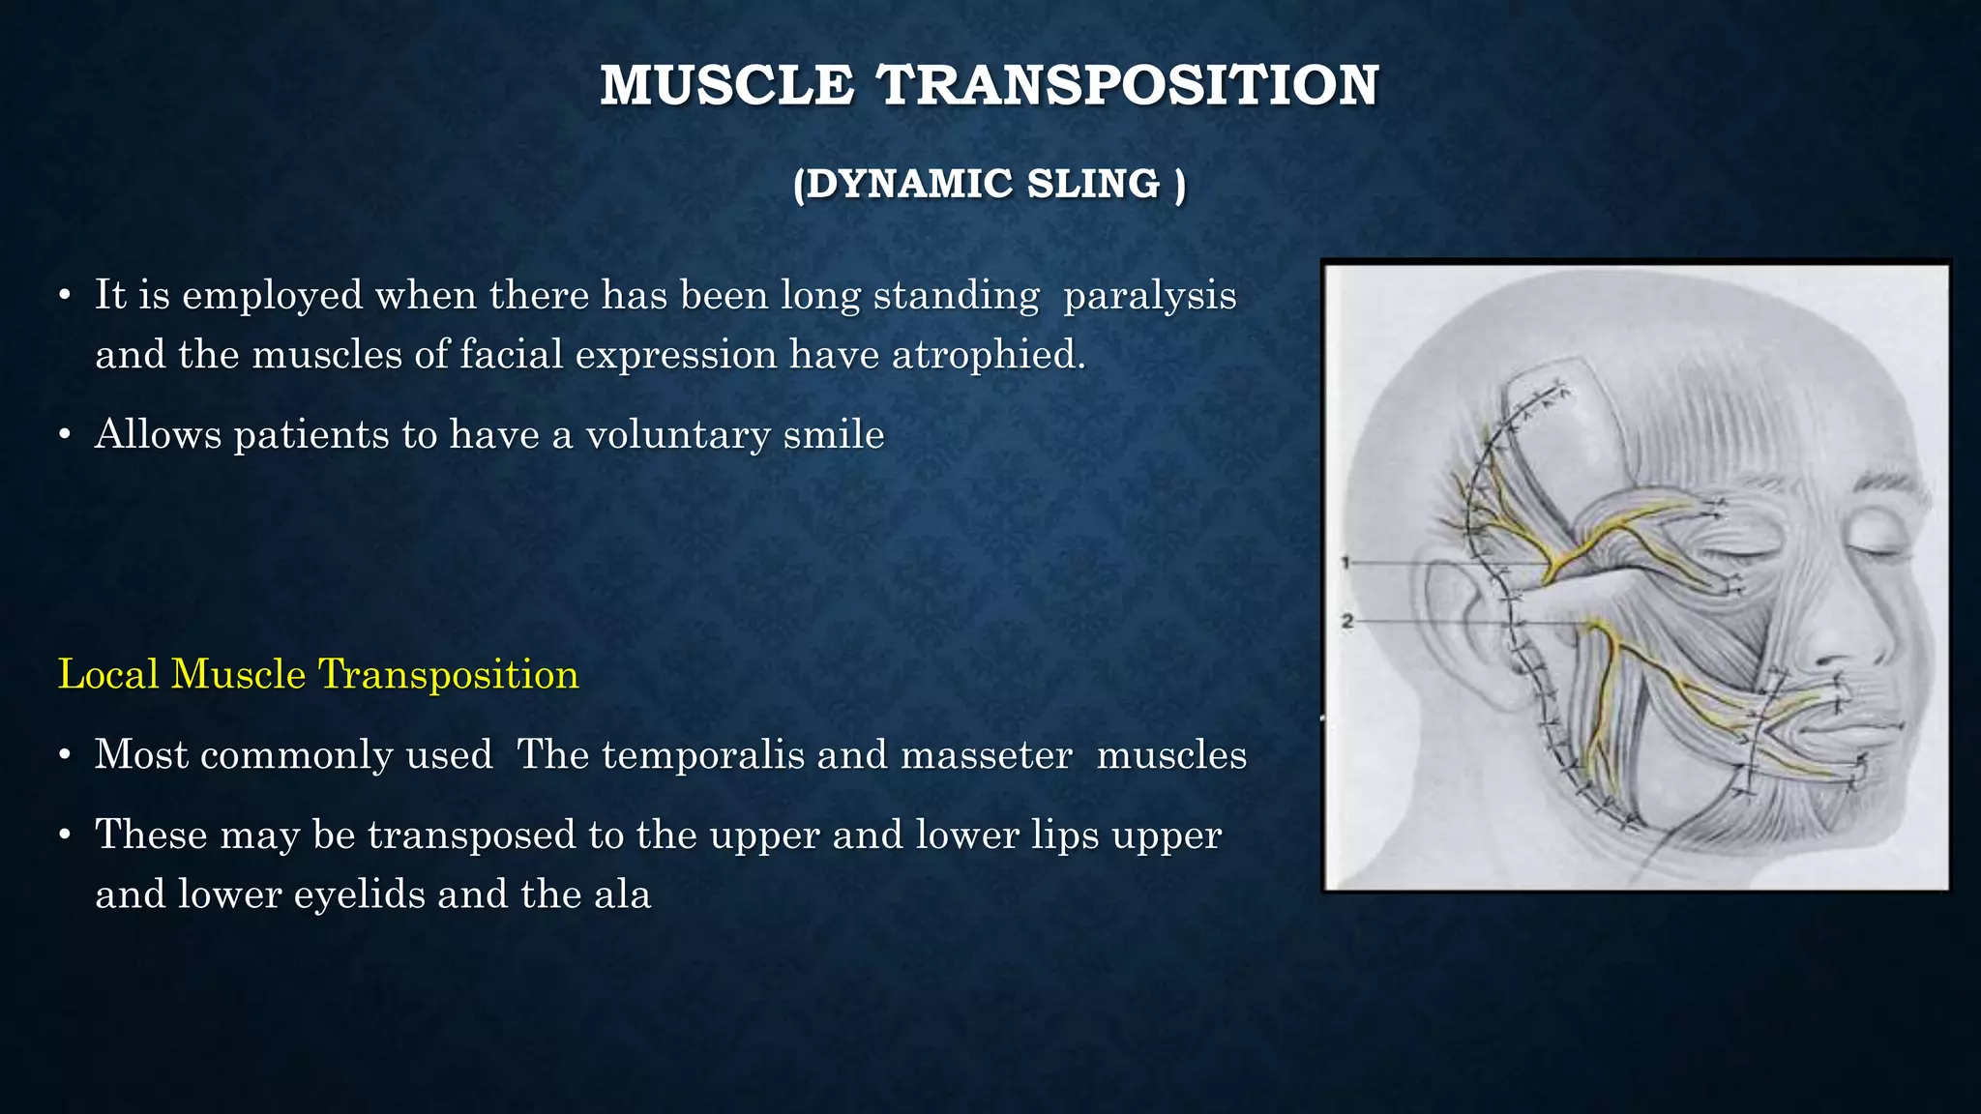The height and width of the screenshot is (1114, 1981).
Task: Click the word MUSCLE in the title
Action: click(726, 85)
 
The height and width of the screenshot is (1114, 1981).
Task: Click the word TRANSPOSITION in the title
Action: click(1128, 85)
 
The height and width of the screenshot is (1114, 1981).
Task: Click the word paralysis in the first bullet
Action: click(1150, 296)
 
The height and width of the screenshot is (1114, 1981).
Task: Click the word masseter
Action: click(986, 754)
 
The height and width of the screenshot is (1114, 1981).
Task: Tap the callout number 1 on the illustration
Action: click(1345, 562)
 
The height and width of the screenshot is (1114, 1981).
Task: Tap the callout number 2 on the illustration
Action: click(1346, 622)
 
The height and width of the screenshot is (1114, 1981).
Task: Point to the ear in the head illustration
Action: click(1451, 629)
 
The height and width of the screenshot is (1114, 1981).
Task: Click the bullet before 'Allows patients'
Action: click(64, 436)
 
